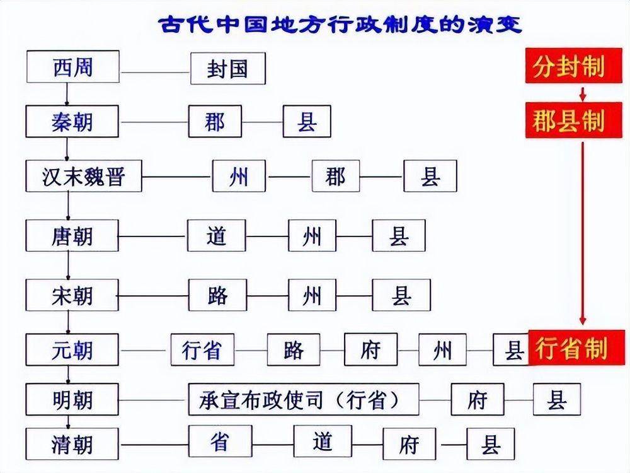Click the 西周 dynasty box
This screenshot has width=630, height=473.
[72, 67]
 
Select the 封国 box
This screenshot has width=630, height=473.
[227, 69]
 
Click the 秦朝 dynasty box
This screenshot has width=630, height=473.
[72, 122]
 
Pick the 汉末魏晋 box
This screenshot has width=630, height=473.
[83, 177]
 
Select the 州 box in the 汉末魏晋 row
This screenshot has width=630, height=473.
[239, 177]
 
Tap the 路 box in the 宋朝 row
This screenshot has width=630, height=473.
[217, 295]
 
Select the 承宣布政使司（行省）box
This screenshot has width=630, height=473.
[304, 399]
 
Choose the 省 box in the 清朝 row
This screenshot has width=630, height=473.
[220, 441]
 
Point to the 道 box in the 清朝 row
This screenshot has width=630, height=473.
[322, 441]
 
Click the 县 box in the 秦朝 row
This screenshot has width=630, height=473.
[307, 122]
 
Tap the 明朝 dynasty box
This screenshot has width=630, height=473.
[72, 399]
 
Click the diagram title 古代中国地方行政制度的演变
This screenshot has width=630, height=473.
[338, 25]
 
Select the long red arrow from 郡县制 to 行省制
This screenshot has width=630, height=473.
[583, 233]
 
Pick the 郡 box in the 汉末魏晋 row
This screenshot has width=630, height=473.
[336, 177]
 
